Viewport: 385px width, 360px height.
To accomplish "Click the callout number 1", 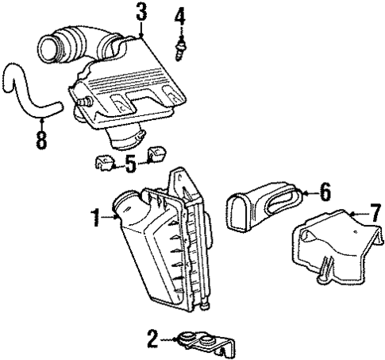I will pos(96,215).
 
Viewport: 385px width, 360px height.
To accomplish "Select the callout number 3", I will pos(141,12).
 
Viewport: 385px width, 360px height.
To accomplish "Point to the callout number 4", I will pos(180,15).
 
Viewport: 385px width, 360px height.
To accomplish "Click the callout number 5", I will pos(129,165).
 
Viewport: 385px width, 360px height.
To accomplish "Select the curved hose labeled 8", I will pos(28,91).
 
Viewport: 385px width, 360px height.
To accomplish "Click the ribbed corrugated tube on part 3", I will pos(75,41).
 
